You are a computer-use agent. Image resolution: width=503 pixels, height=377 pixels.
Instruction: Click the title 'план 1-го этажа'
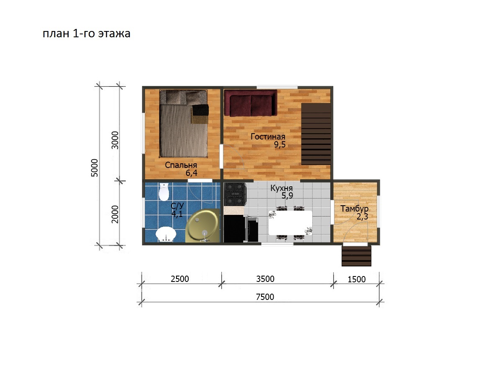click(x=86, y=34)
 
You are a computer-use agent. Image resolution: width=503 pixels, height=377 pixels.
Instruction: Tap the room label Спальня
click(x=181, y=165)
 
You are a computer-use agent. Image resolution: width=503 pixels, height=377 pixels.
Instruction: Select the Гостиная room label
click(x=268, y=137)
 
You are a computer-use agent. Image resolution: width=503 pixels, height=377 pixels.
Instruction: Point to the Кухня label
click(x=281, y=188)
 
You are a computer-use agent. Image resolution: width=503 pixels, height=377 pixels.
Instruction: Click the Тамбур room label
click(x=354, y=209)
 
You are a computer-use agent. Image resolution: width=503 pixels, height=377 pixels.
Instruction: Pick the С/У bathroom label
click(x=177, y=206)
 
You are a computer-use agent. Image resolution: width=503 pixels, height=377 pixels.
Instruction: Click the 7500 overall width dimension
click(x=265, y=297)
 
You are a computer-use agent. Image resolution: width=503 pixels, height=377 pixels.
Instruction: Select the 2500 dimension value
click(x=180, y=279)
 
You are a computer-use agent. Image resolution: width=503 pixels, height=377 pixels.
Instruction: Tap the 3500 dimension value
click(x=265, y=279)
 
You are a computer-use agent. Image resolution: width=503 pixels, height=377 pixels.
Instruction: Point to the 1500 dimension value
click(x=357, y=279)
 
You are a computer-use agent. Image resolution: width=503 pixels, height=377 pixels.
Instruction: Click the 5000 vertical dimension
click(x=94, y=168)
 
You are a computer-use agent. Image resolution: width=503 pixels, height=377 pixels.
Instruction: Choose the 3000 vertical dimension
click(x=115, y=140)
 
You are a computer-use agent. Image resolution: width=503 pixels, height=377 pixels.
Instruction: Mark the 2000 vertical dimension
click(x=115, y=214)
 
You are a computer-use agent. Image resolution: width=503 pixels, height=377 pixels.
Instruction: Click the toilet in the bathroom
click(x=163, y=192)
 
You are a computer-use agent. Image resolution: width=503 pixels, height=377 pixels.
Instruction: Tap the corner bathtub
click(x=202, y=227)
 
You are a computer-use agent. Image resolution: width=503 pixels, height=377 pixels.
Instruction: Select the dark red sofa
click(x=251, y=103)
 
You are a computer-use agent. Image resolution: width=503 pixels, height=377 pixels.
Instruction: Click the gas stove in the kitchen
click(x=235, y=194)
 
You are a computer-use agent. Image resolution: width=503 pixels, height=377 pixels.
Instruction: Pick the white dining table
click(x=290, y=223)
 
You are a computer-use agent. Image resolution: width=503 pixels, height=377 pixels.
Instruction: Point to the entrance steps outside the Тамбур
click(x=356, y=256)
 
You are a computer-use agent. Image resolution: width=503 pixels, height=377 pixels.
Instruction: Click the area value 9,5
click(x=280, y=145)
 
